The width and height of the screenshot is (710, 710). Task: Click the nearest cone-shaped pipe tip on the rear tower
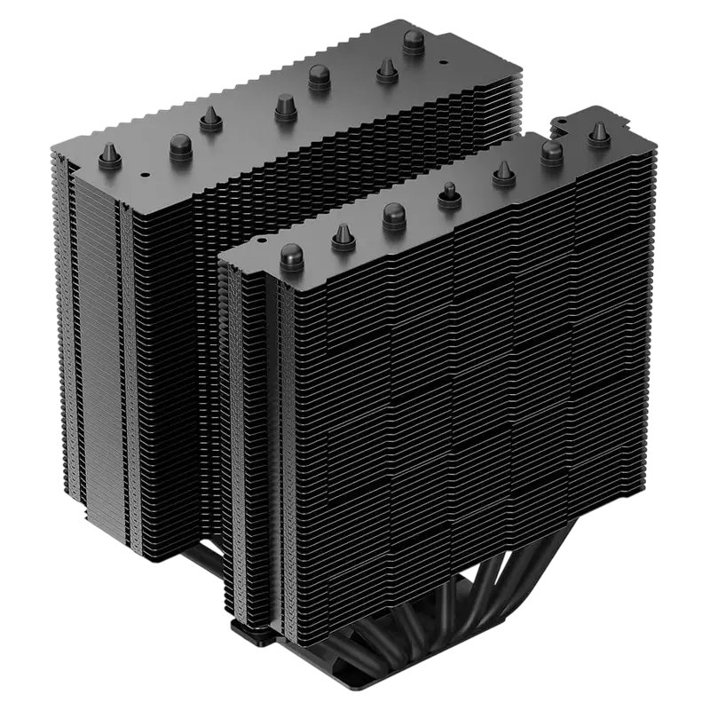(x=110, y=152)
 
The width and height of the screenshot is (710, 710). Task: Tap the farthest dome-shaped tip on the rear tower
(x=413, y=41)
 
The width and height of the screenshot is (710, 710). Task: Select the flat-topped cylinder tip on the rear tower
(x=284, y=106)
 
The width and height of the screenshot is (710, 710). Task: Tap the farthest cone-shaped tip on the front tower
(x=599, y=132)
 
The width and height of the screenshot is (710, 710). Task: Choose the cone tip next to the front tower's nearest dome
(x=344, y=235)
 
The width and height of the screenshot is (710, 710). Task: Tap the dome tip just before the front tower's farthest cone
(x=552, y=151)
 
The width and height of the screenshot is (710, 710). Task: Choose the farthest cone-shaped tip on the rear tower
(x=386, y=68)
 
